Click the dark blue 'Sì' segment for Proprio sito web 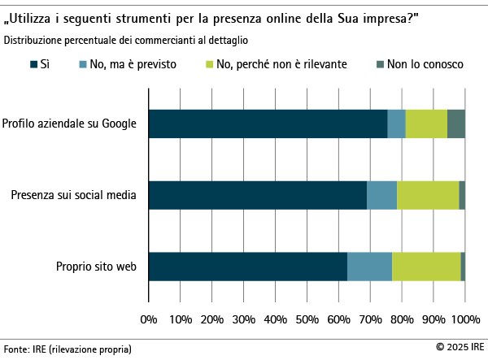248,267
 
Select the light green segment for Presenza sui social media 428,195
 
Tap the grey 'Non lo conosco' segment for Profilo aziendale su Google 455,124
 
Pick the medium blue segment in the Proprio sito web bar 369,267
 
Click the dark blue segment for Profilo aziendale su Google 268,124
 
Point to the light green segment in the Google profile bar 426,124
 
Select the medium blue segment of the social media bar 381,195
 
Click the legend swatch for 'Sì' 33,63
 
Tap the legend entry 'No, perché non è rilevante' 277,63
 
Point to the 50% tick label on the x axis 307,319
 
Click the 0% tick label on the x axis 149,319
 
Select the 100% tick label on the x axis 465,319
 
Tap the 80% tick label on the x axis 402,319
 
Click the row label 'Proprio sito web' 96,267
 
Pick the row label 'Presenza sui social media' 74,195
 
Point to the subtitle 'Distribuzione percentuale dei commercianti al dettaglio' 126,39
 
